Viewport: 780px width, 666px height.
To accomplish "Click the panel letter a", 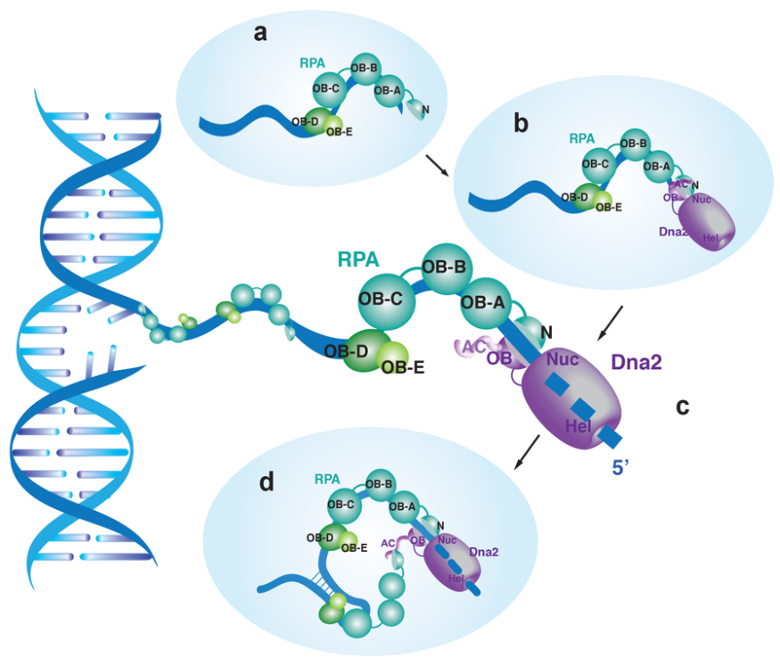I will tap(260, 34).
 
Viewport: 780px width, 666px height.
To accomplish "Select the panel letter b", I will tap(521, 122).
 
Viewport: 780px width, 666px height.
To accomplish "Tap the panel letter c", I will tap(683, 407).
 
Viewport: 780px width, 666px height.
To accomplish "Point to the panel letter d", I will tap(266, 482).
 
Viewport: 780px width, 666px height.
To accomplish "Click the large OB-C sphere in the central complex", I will tap(387, 298).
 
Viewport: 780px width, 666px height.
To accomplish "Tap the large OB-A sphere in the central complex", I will tap(484, 304).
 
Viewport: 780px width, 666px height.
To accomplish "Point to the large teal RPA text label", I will tap(358, 259).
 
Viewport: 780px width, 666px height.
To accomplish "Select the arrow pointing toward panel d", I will tap(526, 451).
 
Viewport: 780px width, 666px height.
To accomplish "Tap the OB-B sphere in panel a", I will tap(365, 68).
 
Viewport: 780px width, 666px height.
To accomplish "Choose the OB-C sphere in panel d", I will tap(342, 505).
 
